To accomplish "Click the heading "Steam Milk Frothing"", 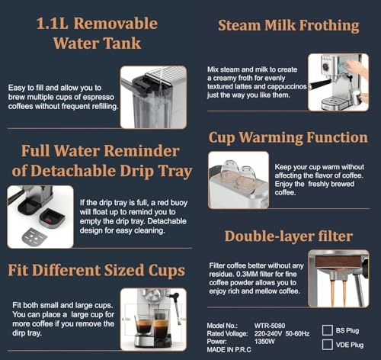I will pyautogui.click(x=288, y=26).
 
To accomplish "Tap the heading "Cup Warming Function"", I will pyautogui.click(x=288, y=137).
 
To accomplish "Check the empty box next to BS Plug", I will pyautogui.click(x=328, y=330).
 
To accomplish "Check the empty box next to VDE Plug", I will pyautogui.click(x=328, y=346).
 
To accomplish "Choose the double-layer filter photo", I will pyautogui.click(x=338, y=278).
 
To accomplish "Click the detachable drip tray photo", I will pyautogui.click(x=40, y=217).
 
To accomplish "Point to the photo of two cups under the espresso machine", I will pyautogui.click(x=153, y=319).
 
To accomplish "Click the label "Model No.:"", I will pyautogui.click(x=224, y=325).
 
